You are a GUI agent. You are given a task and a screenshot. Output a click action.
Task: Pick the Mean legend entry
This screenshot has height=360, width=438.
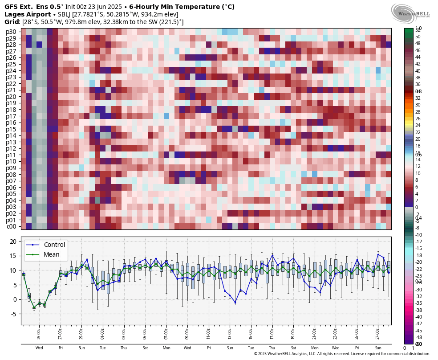tap(52, 254)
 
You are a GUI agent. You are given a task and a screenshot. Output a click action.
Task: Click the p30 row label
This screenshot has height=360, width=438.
tap(11, 32)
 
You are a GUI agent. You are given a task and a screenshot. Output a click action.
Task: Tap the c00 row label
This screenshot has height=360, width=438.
tap(11, 226)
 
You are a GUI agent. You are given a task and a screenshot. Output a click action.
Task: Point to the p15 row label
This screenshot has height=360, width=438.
tap(11, 129)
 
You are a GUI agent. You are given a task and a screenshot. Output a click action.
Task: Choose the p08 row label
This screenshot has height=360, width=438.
tap(11, 175)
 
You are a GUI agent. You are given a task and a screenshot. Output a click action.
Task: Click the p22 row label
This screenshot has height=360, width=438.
tap(11, 84)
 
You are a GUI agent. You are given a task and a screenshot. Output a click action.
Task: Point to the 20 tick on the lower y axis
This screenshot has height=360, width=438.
tap(13, 241)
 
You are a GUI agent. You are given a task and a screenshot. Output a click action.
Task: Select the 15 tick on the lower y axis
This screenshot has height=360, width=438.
tap(13, 256)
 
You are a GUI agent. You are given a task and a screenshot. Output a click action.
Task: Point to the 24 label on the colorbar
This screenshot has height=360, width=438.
tap(418, 125)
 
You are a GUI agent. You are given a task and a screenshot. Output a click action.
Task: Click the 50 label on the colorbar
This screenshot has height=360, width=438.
tap(418, 37)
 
